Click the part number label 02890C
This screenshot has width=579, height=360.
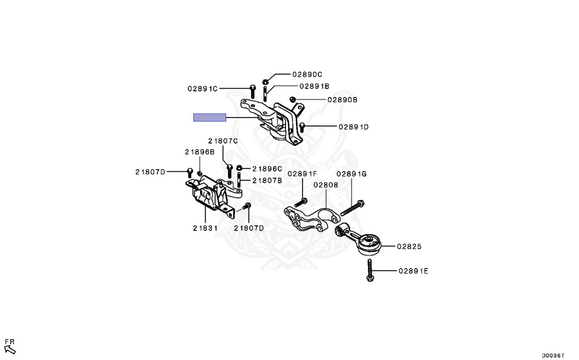307,74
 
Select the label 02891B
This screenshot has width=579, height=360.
314,86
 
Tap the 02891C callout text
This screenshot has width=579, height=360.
203,88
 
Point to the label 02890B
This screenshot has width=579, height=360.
342,99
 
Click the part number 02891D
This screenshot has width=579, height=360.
353,127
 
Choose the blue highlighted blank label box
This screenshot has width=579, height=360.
210,118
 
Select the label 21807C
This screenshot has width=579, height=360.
223,141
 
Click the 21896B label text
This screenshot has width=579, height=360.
200,151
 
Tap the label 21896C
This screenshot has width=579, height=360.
267,168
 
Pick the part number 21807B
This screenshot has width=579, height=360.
267,180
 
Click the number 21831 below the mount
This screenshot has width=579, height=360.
204,228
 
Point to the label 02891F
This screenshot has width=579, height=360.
303,174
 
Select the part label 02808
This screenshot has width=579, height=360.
325,184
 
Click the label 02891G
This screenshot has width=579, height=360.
352,174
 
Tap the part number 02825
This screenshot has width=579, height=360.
409,246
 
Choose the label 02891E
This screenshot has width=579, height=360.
413,271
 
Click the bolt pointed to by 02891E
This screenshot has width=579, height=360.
369,270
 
